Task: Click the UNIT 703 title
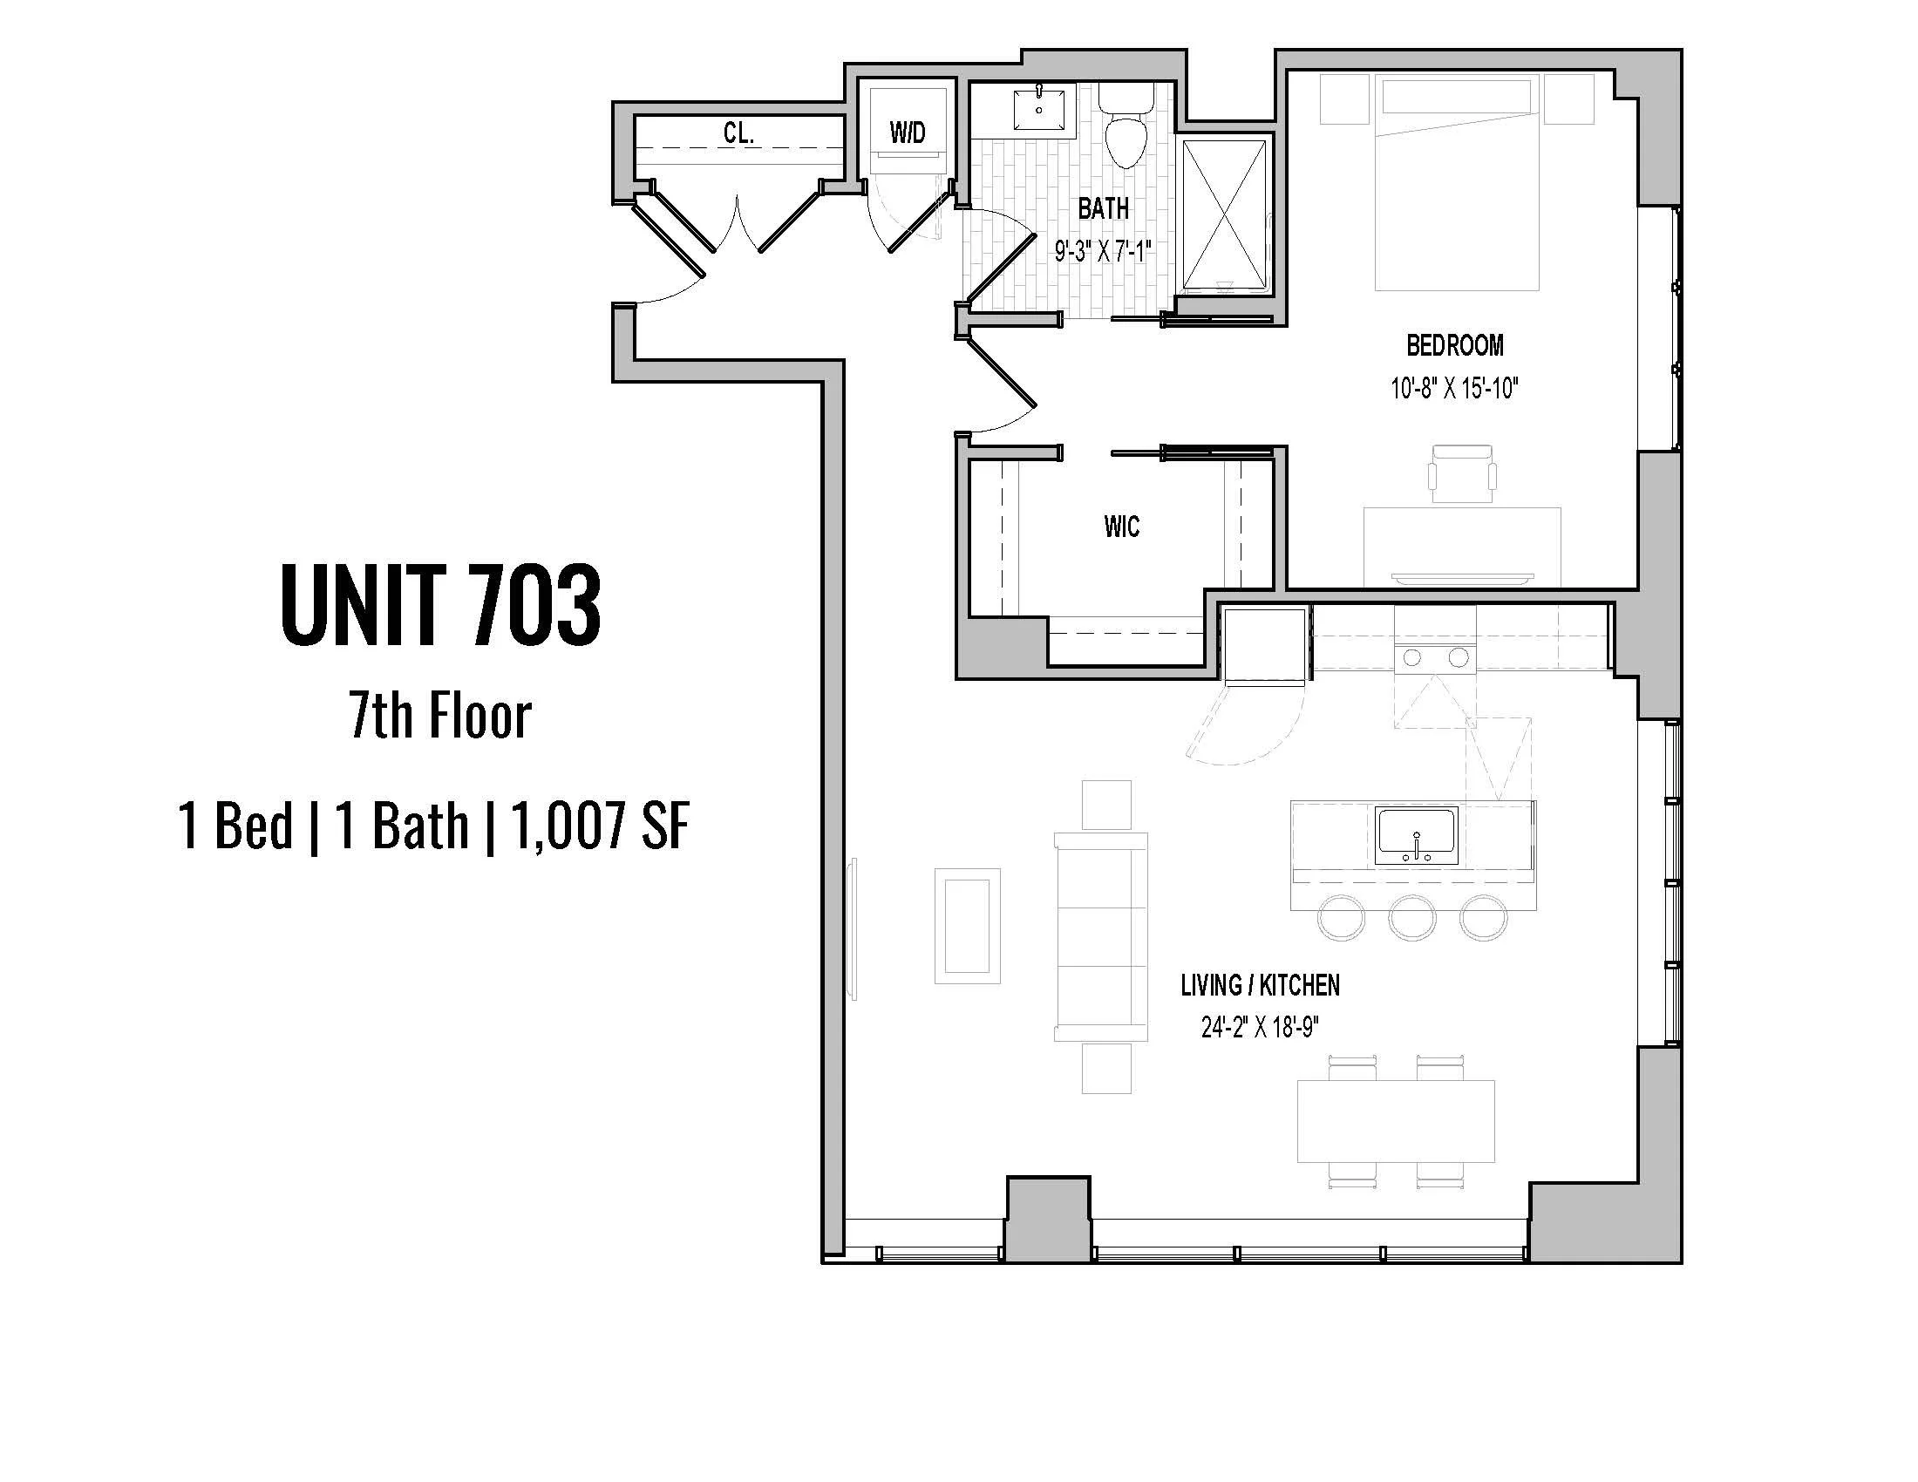(x=441, y=606)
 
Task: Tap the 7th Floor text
(x=441, y=716)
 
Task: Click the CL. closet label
(x=738, y=133)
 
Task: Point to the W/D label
(x=908, y=133)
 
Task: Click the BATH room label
(x=1103, y=209)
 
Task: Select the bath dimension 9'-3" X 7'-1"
(x=1103, y=253)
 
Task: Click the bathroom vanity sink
(x=1039, y=108)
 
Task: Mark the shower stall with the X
(x=1225, y=215)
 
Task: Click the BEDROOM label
(x=1454, y=346)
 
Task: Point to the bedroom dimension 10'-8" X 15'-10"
(x=1454, y=388)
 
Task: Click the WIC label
(x=1121, y=527)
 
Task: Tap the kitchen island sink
(x=1416, y=835)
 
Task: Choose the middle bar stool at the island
(x=1412, y=917)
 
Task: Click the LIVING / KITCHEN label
(x=1261, y=986)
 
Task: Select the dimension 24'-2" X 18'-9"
(x=1261, y=1027)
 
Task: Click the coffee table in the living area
(x=967, y=925)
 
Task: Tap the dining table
(x=1397, y=1121)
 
